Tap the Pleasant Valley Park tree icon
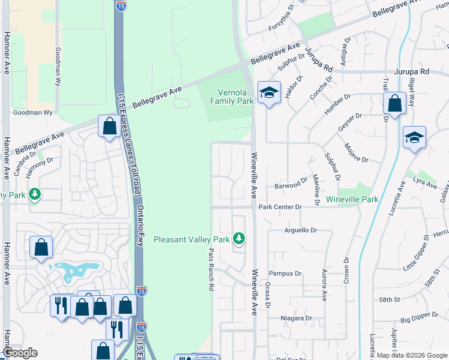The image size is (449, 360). tap(239, 239)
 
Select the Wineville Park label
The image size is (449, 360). tap(352, 199)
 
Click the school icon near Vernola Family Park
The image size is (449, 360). tap(269, 92)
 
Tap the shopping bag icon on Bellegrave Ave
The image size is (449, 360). tap(109, 126)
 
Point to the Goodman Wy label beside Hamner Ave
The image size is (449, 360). tap(34, 112)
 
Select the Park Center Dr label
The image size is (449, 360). tap(279, 207)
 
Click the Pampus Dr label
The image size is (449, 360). tap(285, 273)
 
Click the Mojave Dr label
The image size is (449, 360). tap(356, 154)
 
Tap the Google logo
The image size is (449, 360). tap(20, 353)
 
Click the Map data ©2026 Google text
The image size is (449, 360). tap(412, 355)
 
